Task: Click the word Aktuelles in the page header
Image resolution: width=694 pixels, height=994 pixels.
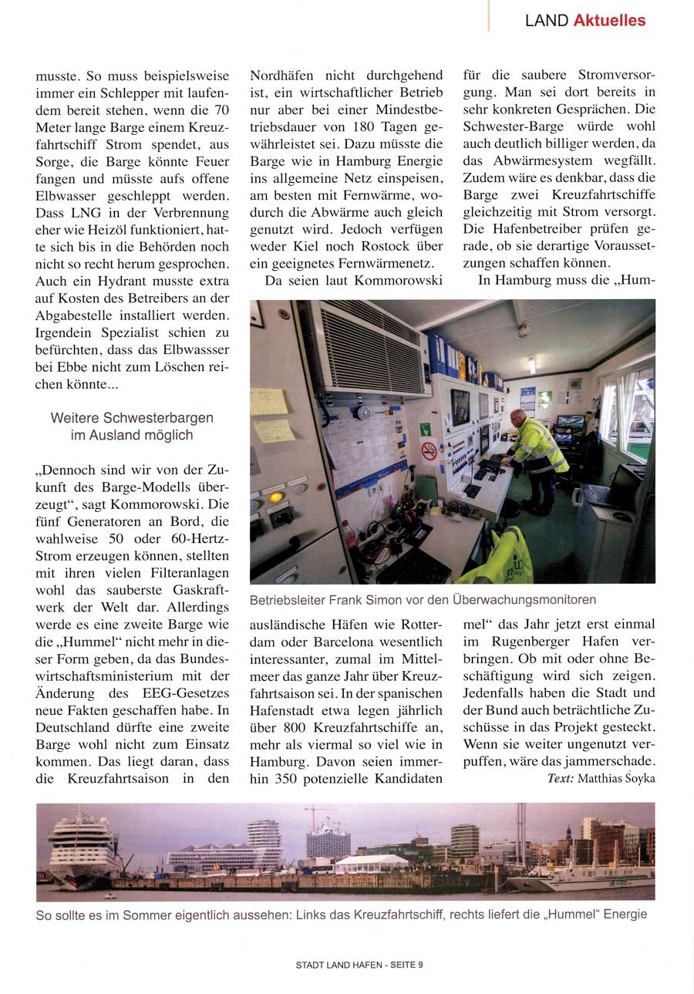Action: pos(609,21)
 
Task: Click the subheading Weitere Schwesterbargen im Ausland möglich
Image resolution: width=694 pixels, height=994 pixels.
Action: pos(132,426)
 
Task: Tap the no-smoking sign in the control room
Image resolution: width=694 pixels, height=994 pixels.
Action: pos(429,450)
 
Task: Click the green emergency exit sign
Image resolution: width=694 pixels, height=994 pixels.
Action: pos(425,428)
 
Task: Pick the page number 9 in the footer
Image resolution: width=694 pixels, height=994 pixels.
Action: pos(420,964)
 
